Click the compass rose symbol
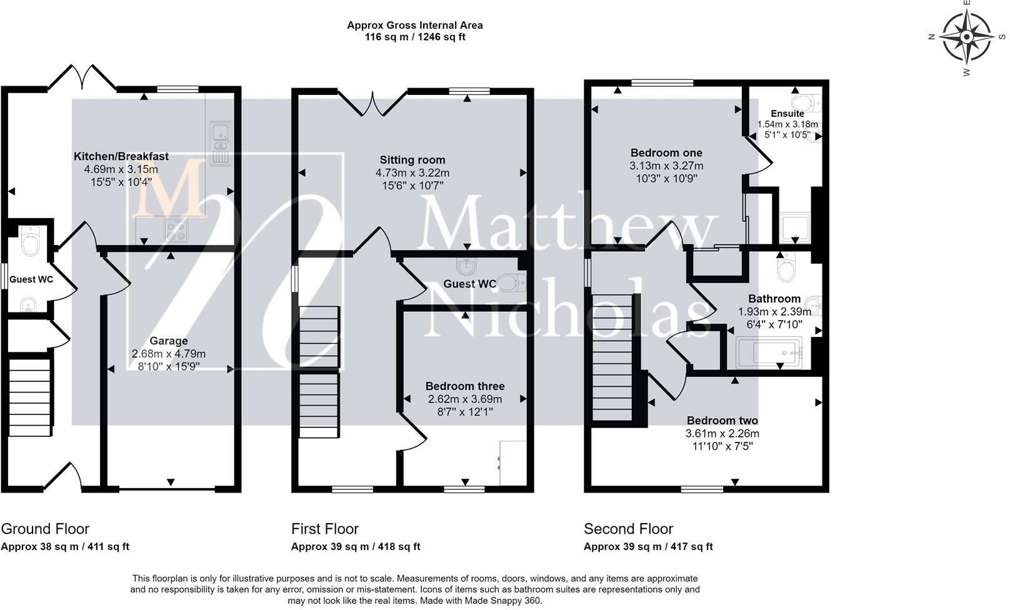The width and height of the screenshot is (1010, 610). coord(967,37)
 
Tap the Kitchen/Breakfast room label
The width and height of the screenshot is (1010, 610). coord(121,156)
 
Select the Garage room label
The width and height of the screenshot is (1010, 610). coord(169,341)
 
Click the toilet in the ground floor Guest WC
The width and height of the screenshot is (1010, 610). coord(30,241)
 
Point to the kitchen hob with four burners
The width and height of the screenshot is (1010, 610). coord(176,231)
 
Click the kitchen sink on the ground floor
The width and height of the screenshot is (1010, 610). coord(220,142)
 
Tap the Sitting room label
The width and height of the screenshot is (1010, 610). coord(412,160)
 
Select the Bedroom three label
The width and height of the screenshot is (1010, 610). coord(465,386)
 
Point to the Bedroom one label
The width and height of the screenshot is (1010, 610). coord(666,153)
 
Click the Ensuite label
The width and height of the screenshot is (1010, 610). coord(787,114)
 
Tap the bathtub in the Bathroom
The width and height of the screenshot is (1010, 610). coord(769,353)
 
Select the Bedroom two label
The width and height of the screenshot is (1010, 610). coord(722,421)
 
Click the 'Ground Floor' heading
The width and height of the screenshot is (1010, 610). coord(45,528)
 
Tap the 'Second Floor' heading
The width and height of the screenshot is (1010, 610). coord(628,528)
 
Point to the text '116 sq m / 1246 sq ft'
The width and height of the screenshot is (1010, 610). coord(415,37)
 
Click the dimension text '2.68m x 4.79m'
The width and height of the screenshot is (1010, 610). coord(169,354)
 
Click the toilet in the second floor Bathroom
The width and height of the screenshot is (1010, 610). coord(786,267)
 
